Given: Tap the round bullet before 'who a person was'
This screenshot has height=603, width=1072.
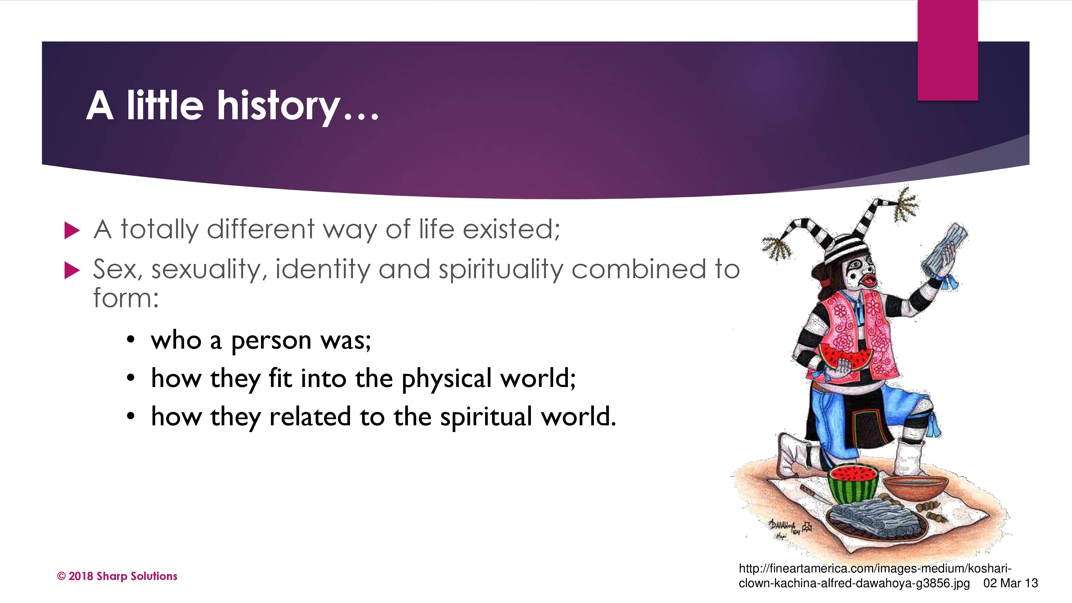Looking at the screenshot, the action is click(x=131, y=340).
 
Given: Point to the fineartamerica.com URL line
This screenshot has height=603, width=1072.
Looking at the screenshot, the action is click(x=875, y=568).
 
